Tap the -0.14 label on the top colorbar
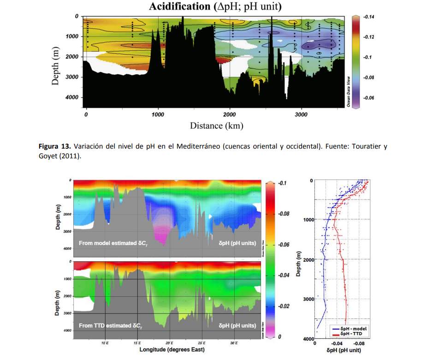tap(368, 17)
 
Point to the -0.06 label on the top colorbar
tap(368, 98)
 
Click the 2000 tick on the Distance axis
tap(229, 114)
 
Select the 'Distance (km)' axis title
tap(216, 126)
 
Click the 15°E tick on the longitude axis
tap(137, 343)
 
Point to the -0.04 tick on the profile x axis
tap(337, 343)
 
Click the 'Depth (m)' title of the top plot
tap(55, 65)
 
